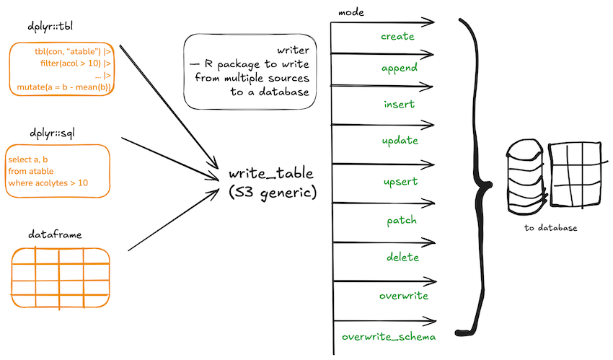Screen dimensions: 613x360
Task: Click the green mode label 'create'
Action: (397, 36)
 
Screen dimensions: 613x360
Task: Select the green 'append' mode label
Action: (399, 69)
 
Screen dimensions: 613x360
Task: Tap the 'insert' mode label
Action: (399, 105)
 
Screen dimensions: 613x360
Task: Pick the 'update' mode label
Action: (400, 141)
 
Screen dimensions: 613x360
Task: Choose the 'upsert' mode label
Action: (400, 182)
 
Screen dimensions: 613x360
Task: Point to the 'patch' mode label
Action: (402, 221)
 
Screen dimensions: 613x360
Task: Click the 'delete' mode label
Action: (402, 258)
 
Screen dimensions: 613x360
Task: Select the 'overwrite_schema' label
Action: (389, 337)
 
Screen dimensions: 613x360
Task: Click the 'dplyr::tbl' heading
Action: (50, 27)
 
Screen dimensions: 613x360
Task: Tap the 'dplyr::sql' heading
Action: (52, 133)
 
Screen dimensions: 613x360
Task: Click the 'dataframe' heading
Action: (55, 234)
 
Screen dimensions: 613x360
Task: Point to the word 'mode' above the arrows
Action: (351, 12)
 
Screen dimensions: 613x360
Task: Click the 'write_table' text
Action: (271, 173)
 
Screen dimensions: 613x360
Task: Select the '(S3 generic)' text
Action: (273, 193)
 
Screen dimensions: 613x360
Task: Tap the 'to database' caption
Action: (550, 228)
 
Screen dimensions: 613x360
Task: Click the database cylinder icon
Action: (525, 177)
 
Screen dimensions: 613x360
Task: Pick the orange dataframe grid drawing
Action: (60, 278)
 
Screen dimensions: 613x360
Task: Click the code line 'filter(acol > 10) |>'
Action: (76, 63)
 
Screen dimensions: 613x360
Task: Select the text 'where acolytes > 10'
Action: (48, 183)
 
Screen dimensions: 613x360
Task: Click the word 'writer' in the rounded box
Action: (294, 51)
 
